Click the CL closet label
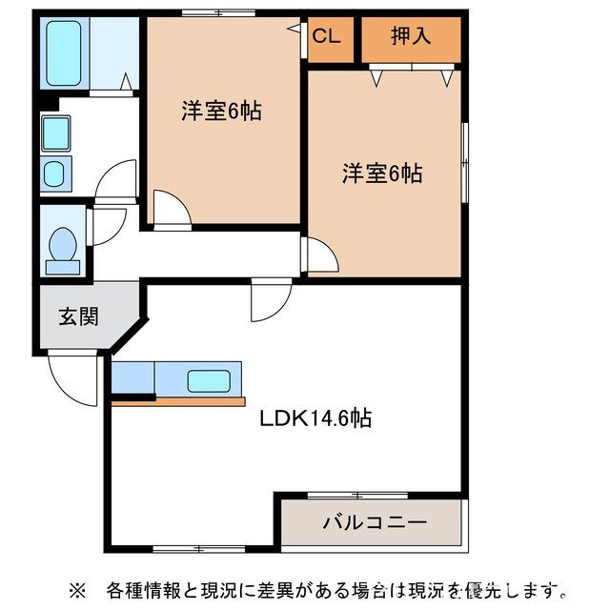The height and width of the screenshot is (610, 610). click(x=327, y=37)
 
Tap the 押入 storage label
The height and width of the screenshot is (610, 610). click(x=411, y=37)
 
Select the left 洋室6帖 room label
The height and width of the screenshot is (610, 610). click(x=221, y=112)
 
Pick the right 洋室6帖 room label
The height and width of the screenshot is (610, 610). click(x=383, y=173)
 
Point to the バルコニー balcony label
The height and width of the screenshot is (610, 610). click(x=374, y=522)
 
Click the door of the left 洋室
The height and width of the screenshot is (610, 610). click(x=168, y=209)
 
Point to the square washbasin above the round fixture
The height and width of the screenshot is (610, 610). click(x=55, y=132)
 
